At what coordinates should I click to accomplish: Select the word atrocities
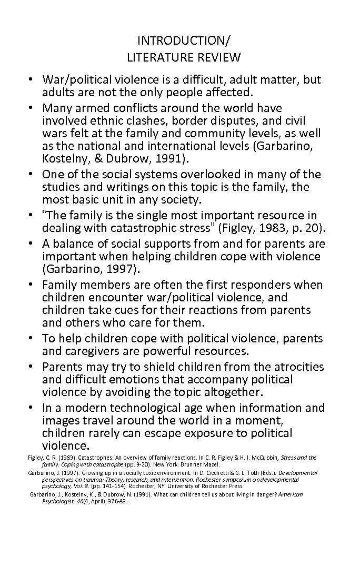297,367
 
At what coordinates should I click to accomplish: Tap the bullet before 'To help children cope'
32,338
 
